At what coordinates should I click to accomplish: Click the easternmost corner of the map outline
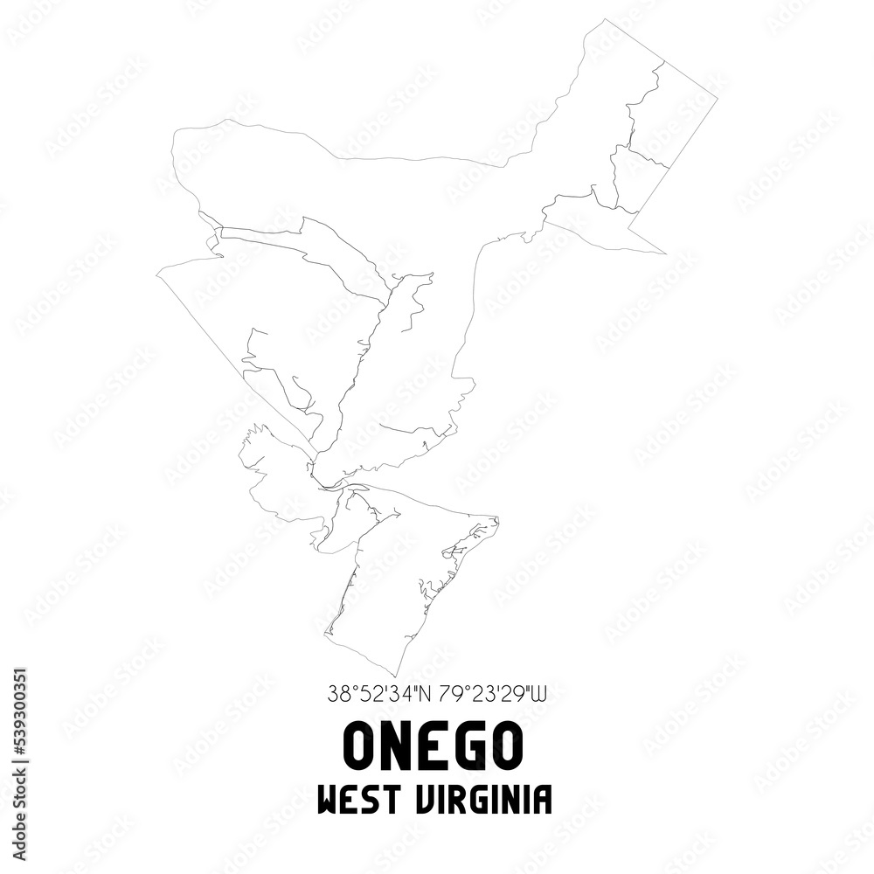coord(718,98)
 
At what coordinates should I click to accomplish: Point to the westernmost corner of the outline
coord(157,273)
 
